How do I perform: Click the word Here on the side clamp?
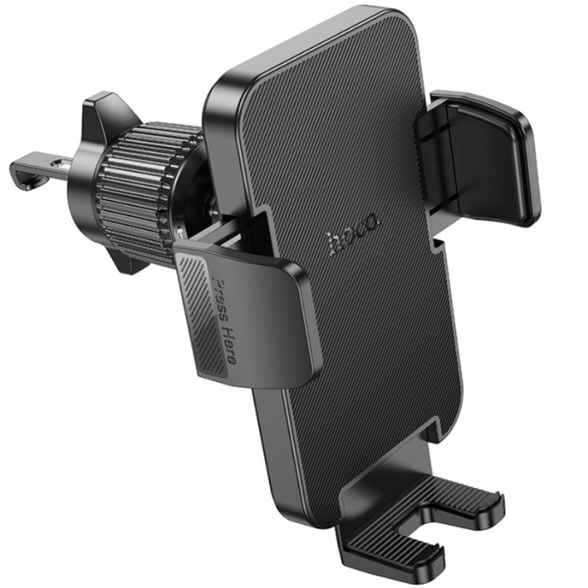click(x=231, y=345)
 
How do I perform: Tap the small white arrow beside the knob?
click(x=182, y=233)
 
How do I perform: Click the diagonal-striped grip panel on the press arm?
click(x=203, y=315)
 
